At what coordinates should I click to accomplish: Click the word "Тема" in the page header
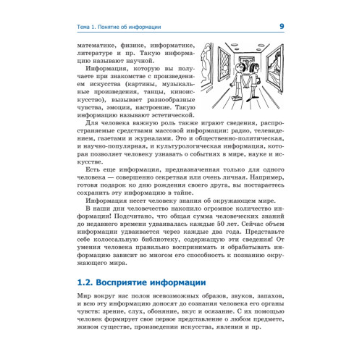coord(86,28)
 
